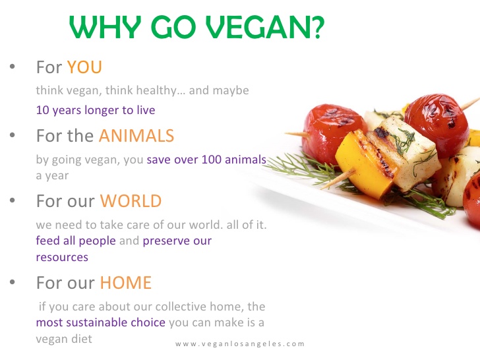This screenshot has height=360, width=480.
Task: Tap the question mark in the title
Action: click(315, 28)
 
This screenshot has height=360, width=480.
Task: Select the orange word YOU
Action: click(84, 67)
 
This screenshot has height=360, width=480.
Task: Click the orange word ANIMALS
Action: click(136, 136)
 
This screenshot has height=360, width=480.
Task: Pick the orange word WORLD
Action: click(131, 200)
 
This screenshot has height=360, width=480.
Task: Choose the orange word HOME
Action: click(125, 283)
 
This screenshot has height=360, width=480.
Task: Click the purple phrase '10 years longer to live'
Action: click(96, 109)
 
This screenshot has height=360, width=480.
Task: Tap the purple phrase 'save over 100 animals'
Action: click(206, 159)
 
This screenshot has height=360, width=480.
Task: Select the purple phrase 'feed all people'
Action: click(76, 241)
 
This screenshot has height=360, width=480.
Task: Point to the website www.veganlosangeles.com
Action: click(240, 344)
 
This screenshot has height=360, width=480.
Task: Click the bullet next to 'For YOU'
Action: click(12, 68)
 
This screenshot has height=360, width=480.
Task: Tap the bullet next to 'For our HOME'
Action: click(12, 284)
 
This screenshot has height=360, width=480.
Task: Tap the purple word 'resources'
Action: click(61, 257)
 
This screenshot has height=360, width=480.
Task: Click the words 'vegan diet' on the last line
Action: click(64, 339)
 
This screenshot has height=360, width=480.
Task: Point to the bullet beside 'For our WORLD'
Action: click(12, 201)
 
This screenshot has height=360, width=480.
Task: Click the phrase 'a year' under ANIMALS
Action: click(52, 176)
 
